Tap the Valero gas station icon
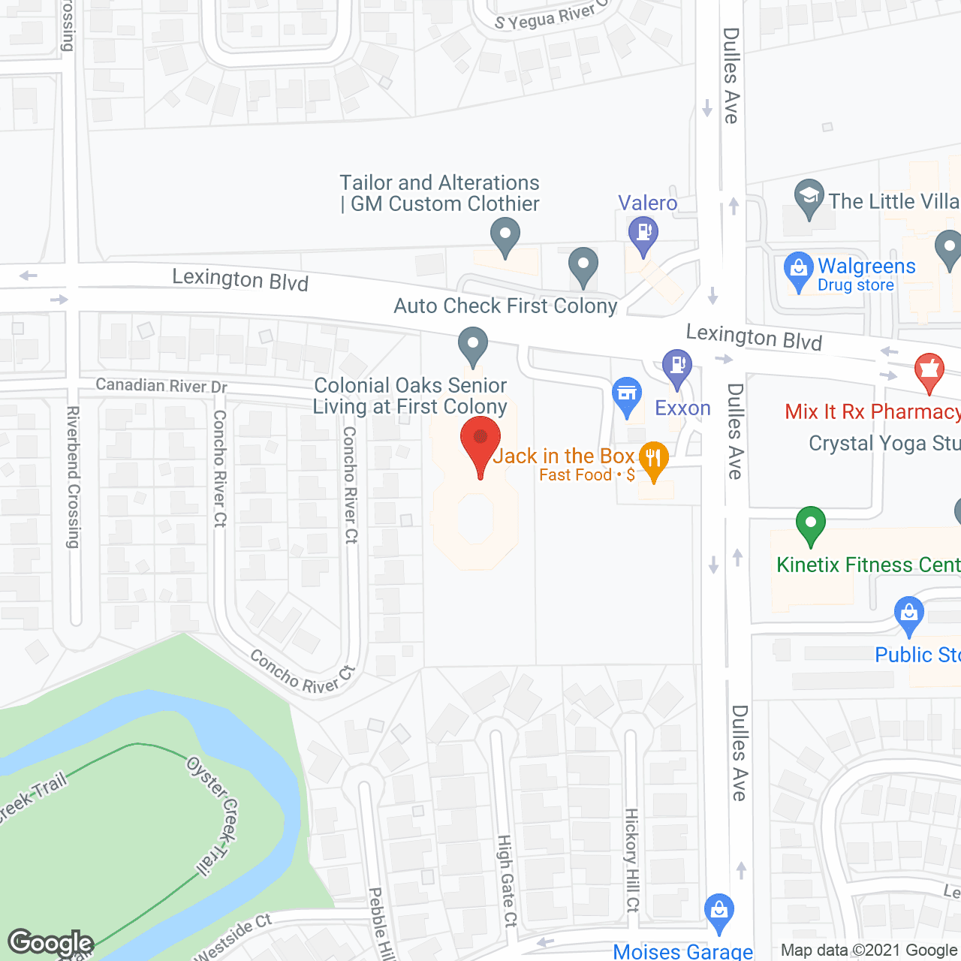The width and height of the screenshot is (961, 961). point(643,233)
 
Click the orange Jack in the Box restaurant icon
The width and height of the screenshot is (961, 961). point(653,459)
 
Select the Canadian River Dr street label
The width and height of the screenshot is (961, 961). point(161,385)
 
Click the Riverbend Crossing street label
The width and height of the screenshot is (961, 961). point(73,477)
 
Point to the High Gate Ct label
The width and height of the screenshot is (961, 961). point(508,881)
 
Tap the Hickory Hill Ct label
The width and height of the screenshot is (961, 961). point(632,860)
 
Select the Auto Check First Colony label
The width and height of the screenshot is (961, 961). point(505,306)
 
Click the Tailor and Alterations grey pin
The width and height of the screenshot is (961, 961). point(505,235)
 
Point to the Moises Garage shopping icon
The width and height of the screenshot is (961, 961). point(719,911)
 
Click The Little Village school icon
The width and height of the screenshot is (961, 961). point(809,197)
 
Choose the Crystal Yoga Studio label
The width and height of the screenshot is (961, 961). point(884,444)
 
